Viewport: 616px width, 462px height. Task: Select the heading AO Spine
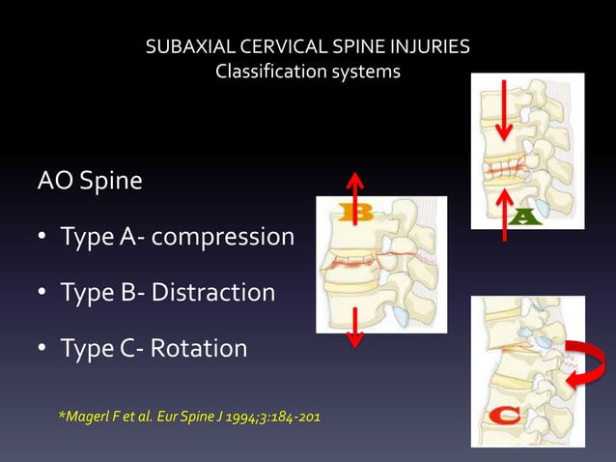coord(90,181)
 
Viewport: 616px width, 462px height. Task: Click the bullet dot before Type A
coord(43,237)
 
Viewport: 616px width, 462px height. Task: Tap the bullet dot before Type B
coord(43,293)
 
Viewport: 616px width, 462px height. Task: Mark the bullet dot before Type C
coord(43,349)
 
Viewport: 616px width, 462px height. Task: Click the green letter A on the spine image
coord(523,214)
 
